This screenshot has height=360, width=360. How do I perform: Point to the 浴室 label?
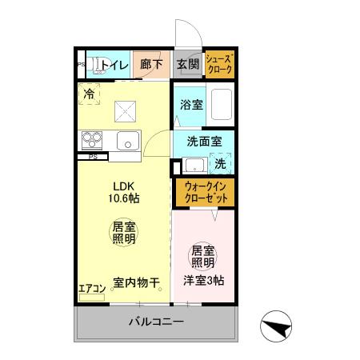[190, 104]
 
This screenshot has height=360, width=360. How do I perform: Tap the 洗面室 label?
[204, 141]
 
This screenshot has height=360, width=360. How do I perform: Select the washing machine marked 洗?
[221, 164]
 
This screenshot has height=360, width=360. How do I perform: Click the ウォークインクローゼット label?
[204, 191]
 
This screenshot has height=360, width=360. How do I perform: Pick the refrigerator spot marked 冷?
[90, 94]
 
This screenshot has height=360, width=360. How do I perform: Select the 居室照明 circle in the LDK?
[122, 232]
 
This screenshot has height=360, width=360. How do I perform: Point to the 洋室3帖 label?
[203, 281]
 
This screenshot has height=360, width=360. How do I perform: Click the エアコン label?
[92, 289]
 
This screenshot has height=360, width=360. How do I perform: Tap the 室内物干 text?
[136, 282]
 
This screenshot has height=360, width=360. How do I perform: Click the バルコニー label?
[157, 323]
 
